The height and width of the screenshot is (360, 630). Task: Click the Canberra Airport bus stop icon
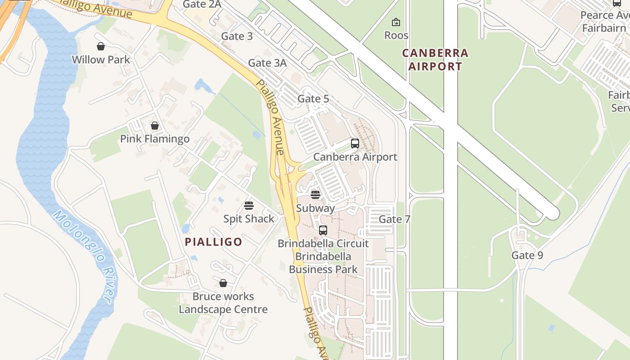point(355,144)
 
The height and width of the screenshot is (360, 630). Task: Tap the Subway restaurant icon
point(315,195)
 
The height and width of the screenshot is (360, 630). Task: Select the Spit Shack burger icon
point(249,206)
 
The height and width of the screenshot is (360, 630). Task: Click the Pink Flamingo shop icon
point(155,126)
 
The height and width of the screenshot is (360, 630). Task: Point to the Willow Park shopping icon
point(101,46)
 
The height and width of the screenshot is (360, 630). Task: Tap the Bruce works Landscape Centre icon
point(223,283)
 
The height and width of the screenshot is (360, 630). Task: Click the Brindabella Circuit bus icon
point(323,230)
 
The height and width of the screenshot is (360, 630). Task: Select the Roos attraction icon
point(396,22)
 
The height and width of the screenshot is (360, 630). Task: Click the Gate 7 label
point(395,219)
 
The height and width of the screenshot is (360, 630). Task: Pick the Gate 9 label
point(527,256)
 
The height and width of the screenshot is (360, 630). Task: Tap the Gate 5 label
point(313,99)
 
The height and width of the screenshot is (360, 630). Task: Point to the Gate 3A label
point(267,63)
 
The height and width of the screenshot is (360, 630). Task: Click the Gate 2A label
point(202,4)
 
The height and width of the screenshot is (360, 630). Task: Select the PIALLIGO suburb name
point(214,242)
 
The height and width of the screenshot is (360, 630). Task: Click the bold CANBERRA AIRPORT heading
point(435,60)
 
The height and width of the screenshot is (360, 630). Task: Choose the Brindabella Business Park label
point(323,263)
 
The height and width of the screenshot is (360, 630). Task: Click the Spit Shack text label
point(249,219)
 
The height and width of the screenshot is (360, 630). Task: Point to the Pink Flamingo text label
point(155,139)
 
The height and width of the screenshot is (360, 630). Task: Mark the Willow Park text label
point(101,59)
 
